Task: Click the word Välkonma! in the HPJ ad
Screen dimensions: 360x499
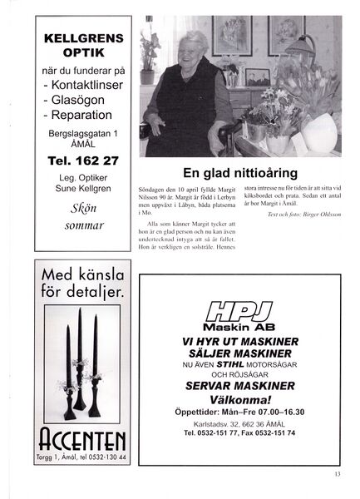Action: click(x=241, y=398)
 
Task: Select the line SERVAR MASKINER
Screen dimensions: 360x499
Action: click(x=241, y=386)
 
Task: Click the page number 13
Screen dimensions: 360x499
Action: click(x=336, y=475)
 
